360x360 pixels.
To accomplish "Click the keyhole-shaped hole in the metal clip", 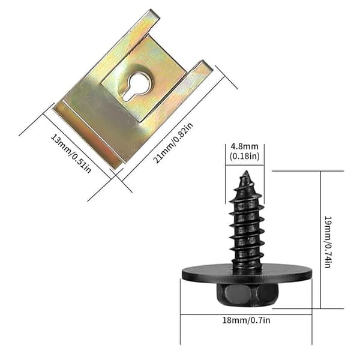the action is click(137, 86).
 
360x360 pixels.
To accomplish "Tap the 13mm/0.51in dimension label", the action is click(71, 153).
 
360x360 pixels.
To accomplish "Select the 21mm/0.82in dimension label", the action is click(173, 143).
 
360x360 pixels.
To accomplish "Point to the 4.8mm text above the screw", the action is click(245, 146).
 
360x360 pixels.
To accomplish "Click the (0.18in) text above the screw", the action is click(245, 156).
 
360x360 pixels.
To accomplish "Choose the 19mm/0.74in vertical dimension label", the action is click(328, 242).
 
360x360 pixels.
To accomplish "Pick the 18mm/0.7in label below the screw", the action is click(246, 320).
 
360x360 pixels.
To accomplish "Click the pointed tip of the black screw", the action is click(247, 171).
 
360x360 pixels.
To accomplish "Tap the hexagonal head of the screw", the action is click(247, 295).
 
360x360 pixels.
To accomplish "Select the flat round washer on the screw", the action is click(247, 273).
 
